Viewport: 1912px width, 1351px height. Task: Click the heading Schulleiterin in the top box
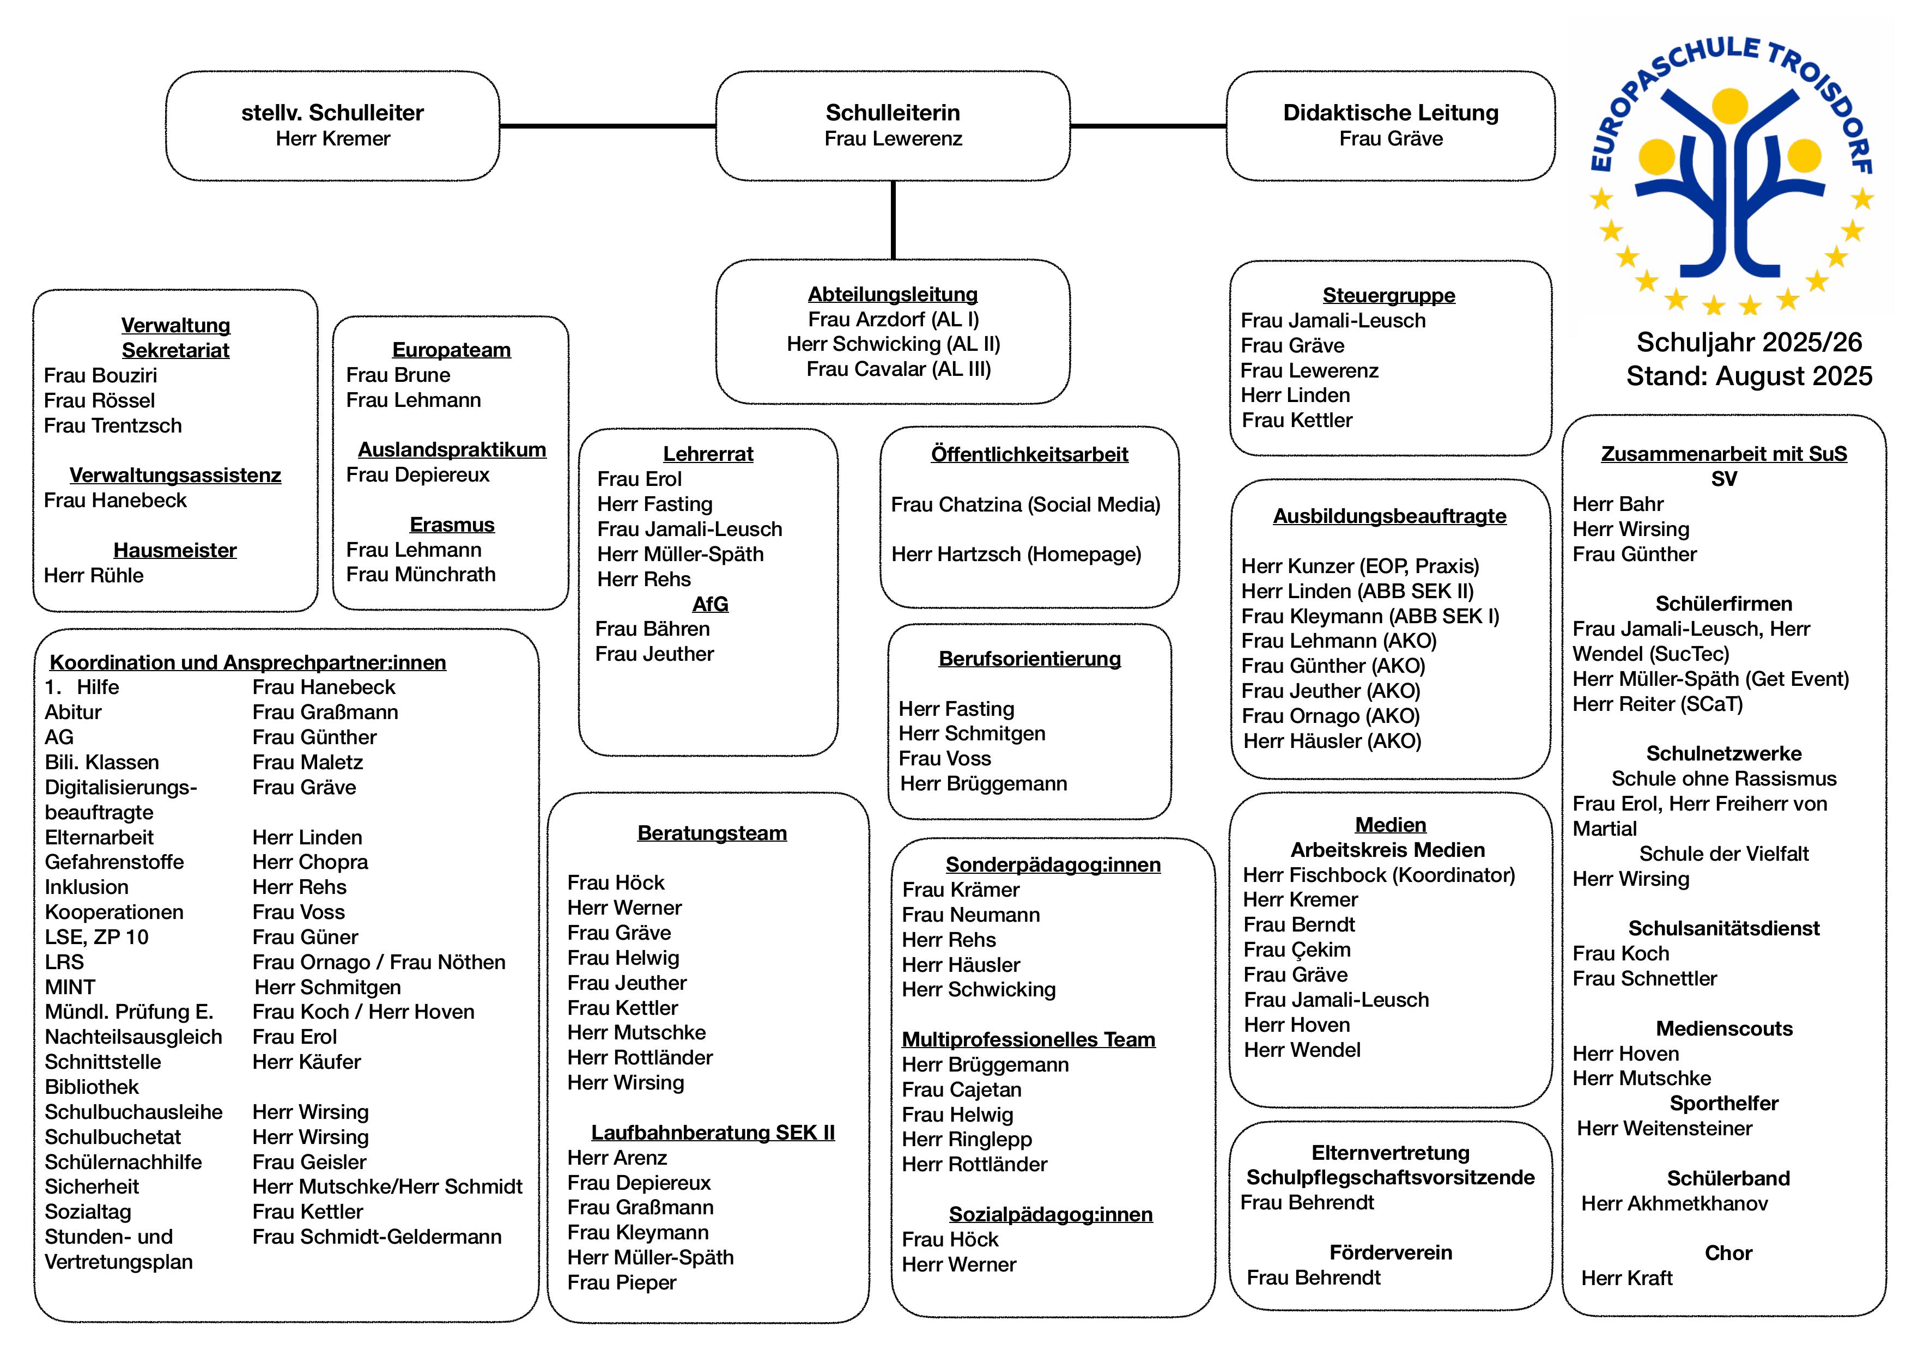[892, 112]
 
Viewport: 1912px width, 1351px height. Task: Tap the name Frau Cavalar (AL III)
[898, 369]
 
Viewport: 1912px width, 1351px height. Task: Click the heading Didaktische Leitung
[1390, 112]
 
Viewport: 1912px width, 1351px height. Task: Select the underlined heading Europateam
[451, 350]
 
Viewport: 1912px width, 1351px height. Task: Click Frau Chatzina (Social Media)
[1025, 504]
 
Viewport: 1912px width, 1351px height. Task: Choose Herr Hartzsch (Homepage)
[1016, 555]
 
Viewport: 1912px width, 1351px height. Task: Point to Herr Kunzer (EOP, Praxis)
[1360, 566]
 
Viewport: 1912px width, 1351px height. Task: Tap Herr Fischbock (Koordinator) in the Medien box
[1378, 875]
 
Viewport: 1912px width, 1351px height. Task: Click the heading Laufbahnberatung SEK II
[712, 1133]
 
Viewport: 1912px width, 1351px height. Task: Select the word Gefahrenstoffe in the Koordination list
[114, 862]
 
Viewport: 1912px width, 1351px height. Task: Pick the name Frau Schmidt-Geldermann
[377, 1237]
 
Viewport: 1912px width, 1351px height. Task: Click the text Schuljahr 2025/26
[1749, 342]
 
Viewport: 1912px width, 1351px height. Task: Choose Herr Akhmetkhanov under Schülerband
[1674, 1204]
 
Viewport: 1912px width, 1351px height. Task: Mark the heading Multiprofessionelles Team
[1028, 1040]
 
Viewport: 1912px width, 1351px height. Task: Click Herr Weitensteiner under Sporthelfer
[1664, 1129]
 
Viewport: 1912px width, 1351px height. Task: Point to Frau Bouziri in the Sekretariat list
[100, 375]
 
